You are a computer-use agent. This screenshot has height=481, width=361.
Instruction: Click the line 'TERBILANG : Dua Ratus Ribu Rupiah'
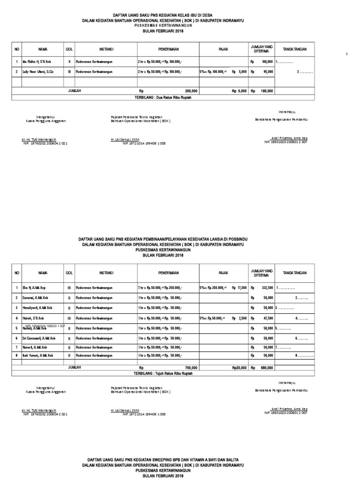point(163,97)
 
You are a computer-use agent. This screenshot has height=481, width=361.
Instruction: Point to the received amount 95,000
point(268,72)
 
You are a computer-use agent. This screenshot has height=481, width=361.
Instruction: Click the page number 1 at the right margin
point(346,54)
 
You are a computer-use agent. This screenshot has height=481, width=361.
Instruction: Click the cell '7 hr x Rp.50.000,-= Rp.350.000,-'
point(160,287)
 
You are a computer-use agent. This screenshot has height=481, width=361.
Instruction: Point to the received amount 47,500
point(268,318)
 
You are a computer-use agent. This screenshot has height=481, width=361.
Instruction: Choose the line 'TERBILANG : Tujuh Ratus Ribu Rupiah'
point(163,373)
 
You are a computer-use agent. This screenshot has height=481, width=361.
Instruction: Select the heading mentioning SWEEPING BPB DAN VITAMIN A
point(163,459)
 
